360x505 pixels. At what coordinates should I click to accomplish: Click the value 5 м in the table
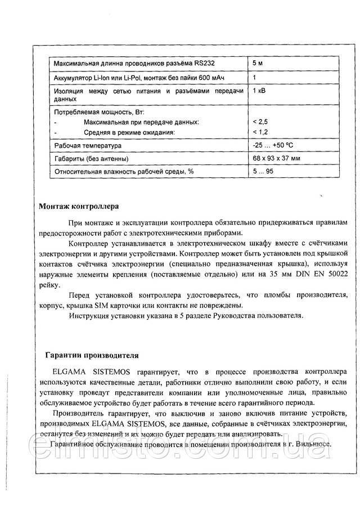tap(259, 62)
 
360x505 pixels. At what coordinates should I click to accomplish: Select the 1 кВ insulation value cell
tap(260, 91)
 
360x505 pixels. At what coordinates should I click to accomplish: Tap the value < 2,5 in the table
tap(260, 122)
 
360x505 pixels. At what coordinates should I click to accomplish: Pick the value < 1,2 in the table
tap(260, 132)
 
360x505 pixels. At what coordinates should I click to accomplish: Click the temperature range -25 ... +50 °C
tap(274, 145)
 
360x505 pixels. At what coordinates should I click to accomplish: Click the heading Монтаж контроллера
tap(78, 205)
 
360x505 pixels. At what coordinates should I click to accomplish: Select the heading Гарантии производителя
tap(88, 355)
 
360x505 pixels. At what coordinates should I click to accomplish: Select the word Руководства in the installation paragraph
tap(236, 315)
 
